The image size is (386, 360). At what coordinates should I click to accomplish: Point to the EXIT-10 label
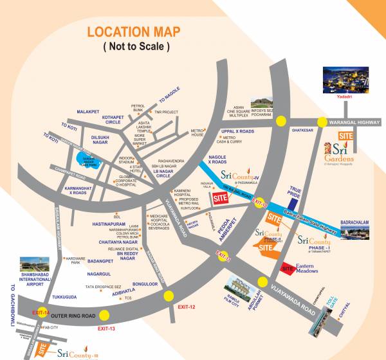[259, 201]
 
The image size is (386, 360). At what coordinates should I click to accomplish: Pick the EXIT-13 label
[107, 328]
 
